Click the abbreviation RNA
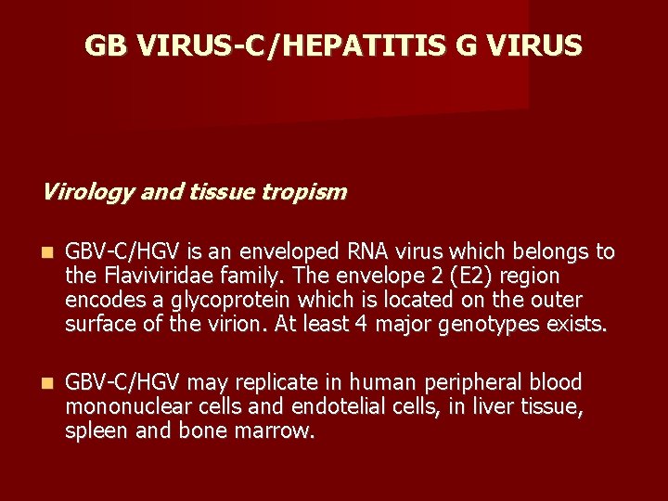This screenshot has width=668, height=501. coord(369,252)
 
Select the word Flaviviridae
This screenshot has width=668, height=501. coord(157,276)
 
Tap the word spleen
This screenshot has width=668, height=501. coord(93,430)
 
